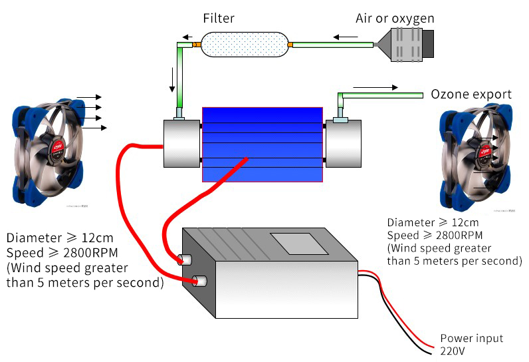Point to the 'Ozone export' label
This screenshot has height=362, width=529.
pos(471,94)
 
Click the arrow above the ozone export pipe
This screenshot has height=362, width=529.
pos(375,87)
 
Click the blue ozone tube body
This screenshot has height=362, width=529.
pos(262,144)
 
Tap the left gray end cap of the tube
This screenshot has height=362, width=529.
pos(181,143)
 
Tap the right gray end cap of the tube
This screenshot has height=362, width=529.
pos(343,143)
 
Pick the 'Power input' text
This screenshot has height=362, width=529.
pos(472,338)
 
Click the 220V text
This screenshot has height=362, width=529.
pos(453,351)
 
